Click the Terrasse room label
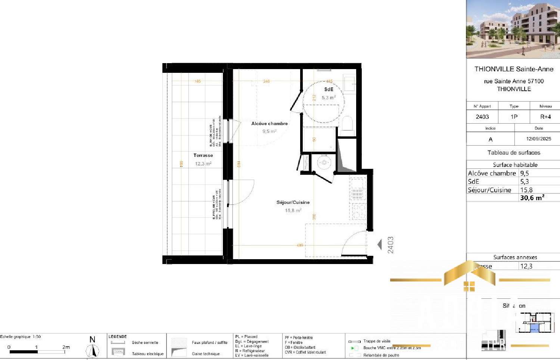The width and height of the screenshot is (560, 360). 203,155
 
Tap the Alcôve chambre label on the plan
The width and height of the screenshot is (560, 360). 269,124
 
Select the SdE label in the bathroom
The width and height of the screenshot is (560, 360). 329,89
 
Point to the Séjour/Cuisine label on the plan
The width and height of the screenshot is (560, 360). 293,202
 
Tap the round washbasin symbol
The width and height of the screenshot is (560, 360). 324,162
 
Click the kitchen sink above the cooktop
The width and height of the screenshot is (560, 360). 357,189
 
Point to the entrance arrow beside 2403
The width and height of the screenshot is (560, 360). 380,245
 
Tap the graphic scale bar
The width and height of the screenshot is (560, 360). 37,351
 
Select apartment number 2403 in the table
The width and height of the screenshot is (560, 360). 482,117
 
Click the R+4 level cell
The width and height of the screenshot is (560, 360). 545,117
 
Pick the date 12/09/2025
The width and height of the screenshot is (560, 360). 538,139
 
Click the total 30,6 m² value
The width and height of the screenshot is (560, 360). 532,198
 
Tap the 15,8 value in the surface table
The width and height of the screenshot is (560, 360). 526,190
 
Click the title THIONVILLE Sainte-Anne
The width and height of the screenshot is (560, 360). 514,69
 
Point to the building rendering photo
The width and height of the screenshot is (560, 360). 513,29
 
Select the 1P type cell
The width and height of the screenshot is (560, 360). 514,117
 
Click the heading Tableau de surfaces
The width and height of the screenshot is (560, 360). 514,153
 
